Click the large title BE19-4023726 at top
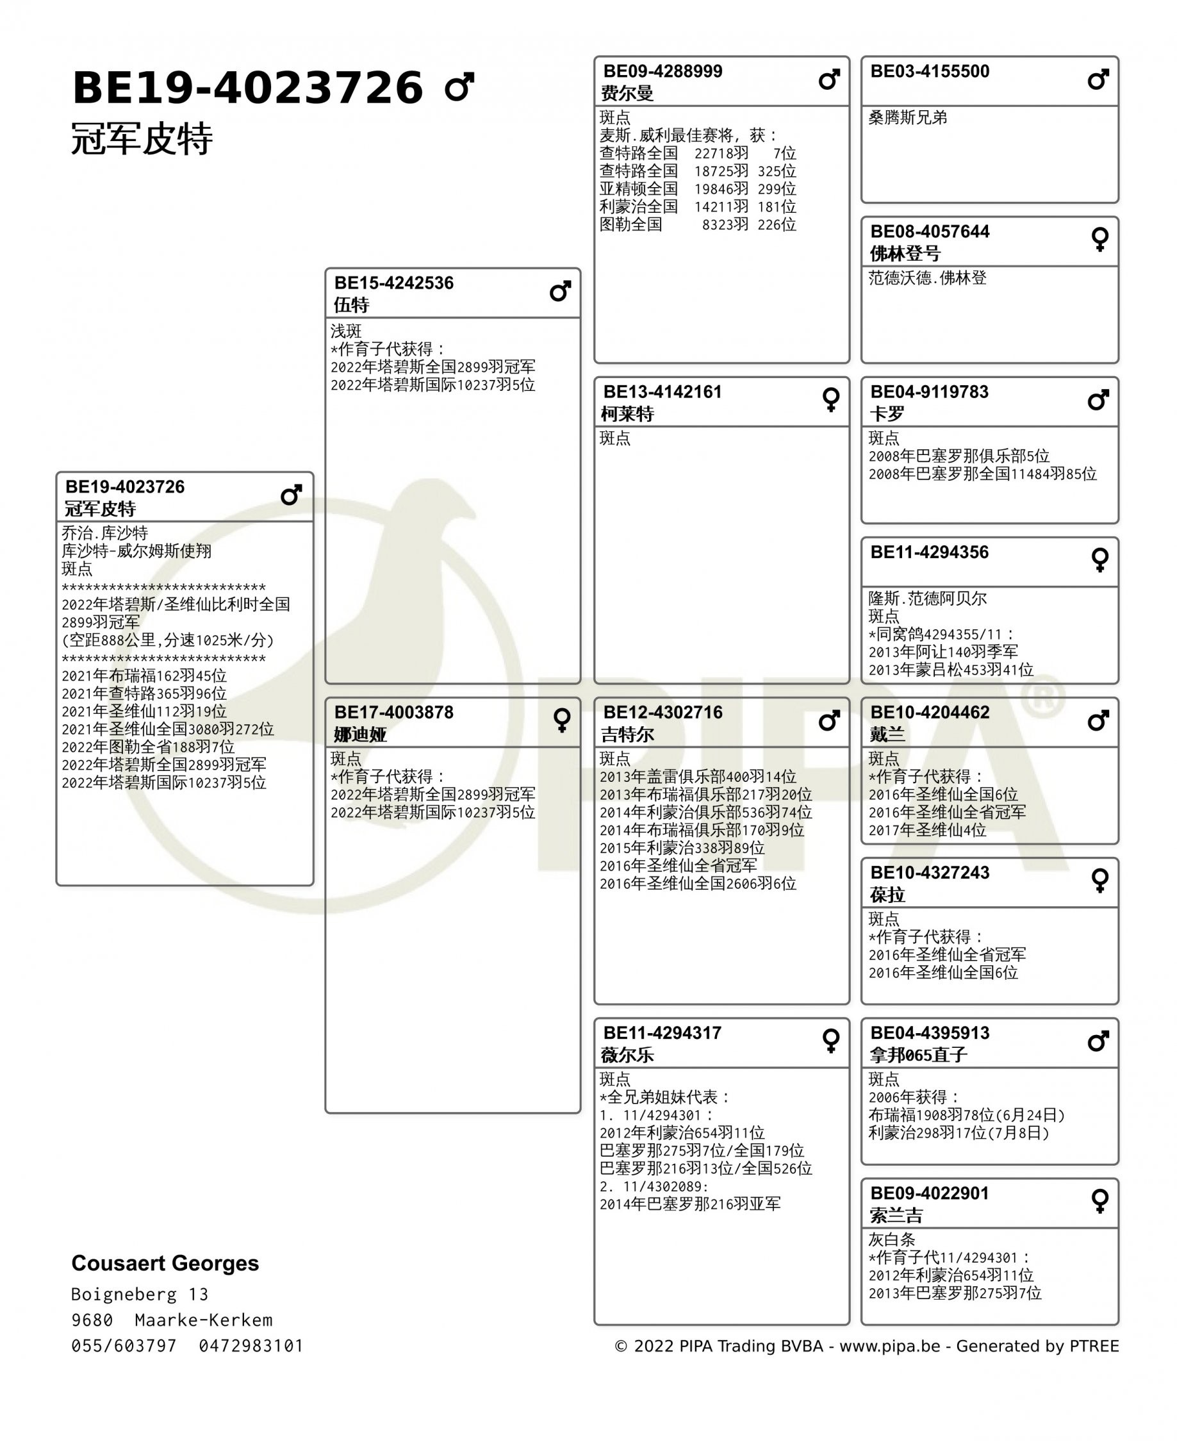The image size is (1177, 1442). coord(247,88)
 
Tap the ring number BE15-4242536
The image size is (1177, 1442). coord(393,283)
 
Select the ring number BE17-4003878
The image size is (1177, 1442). coord(393,712)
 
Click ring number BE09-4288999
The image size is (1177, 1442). coord(663,71)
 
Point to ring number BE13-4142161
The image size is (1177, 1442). coord(663,392)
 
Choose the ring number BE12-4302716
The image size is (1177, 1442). coord(663,712)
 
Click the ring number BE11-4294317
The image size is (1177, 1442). coord(663,1033)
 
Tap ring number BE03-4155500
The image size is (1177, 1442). coord(930,71)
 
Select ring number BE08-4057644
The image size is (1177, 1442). coord(930,232)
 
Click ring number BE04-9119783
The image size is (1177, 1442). coord(930,392)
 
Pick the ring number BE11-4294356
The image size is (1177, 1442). coord(930,552)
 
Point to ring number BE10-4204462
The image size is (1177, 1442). coord(930,712)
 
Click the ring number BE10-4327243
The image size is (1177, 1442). coord(930,873)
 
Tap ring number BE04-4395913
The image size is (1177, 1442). coord(930,1033)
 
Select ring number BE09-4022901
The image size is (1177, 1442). coord(930,1193)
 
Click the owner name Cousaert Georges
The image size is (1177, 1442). coord(165,1263)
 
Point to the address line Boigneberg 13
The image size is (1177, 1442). coord(140,1294)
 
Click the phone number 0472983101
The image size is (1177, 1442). coord(251,1346)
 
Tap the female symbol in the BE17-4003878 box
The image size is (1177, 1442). coord(561,720)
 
